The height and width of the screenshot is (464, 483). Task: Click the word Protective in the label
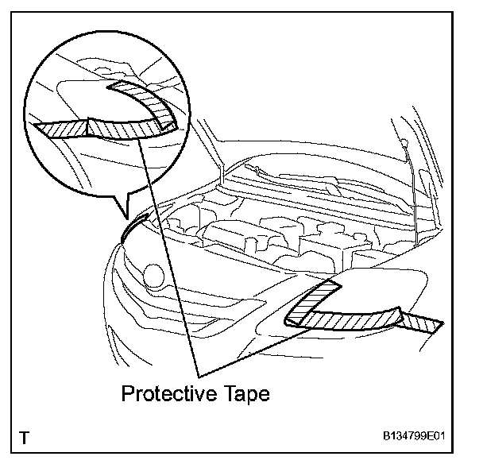[x=164, y=393]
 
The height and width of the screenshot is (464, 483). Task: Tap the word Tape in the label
[x=243, y=393]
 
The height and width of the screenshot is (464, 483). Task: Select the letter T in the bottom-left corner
[x=25, y=438]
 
